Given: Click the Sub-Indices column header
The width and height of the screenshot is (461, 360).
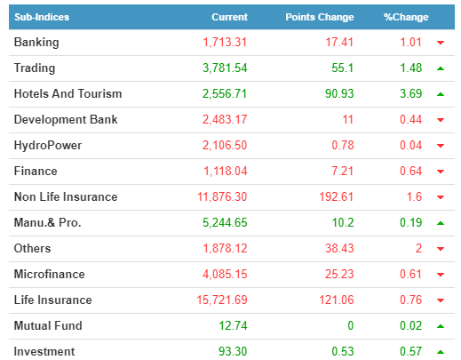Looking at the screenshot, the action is coord(42,17).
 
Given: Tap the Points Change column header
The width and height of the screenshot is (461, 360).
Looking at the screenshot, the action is coord(320,17).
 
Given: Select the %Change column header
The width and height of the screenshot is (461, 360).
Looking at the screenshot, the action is coord(406,17).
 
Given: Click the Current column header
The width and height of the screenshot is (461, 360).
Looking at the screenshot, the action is coord(229,17).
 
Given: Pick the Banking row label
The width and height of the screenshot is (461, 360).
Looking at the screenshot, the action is coord(36,43).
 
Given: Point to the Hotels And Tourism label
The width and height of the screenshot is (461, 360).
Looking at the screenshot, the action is coord(68,93).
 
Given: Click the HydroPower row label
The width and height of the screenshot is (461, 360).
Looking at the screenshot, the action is coord(48,146).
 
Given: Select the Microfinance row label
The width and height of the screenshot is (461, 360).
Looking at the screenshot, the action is coord(49,274).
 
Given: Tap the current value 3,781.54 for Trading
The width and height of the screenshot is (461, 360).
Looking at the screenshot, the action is coord(225,68).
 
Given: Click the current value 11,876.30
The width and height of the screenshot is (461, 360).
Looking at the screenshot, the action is coord(222,196).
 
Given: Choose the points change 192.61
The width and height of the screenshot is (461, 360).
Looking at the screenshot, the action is coord(337,196).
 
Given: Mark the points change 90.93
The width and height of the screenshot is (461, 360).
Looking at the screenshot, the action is coord(339,93).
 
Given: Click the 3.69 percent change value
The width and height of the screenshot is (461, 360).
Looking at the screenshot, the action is coord(410,93).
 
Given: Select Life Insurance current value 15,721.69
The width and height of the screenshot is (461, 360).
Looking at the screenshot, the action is coord(222,300).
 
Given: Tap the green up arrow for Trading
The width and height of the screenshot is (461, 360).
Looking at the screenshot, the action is coord(441,68).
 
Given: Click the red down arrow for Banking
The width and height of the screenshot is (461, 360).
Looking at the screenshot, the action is coord(441,43).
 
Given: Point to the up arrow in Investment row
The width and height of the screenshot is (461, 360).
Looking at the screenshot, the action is coord(441,352).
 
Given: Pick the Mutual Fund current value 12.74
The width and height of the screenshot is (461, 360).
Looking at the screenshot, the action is coord(233,325).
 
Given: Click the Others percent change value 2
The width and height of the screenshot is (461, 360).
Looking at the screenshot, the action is coord(418,248).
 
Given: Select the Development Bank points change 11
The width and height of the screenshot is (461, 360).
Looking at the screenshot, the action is coord(348,119).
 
